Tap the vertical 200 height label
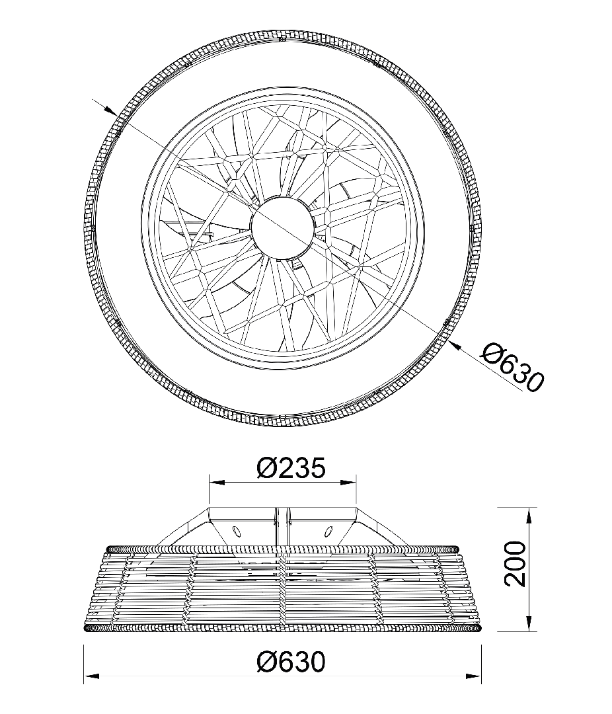[x=516, y=564]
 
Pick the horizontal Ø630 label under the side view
[x=291, y=662]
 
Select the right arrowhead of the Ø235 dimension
[x=349, y=482]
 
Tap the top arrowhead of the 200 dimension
[x=529, y=514]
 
